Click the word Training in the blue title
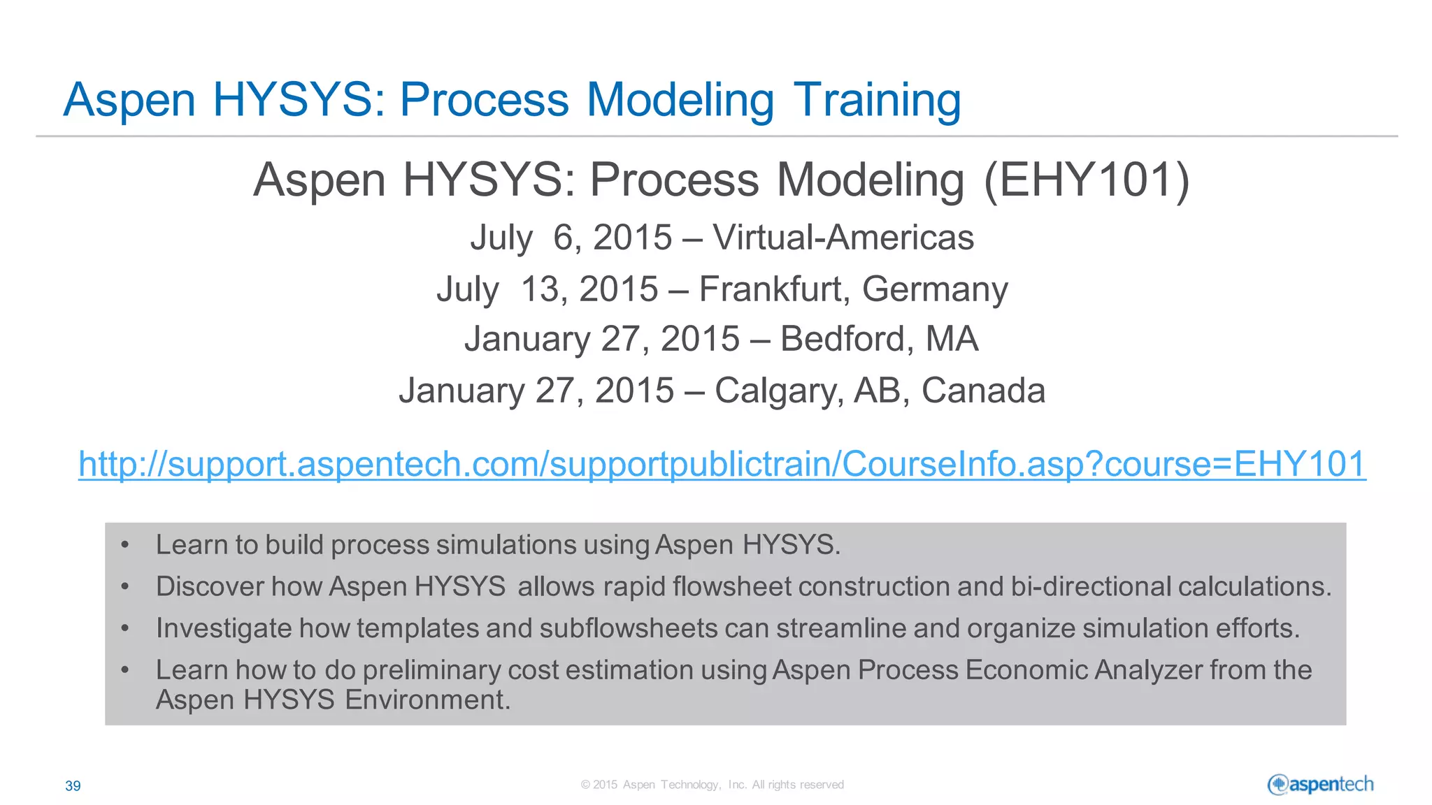pyautogui.click(x=877, y=99)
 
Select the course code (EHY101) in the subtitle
pyautogui.click(x=1087, y=180)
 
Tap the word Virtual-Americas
pyautogui.click(x=843, y=237)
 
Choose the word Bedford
pyautogui.click(x=843, y=339)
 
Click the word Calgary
pyautogui.click(x=777, y=390)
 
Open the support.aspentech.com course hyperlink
pyautogui.click(x=722, y=464)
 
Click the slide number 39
pyautogui.click(x=73, y=786)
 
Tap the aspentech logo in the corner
pyautogui.click(x=1320, y=785)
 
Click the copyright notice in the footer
pyautogui.click(x=712, y=785)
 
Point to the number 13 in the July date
pyautogui.click(x=540, y=289)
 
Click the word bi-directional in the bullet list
pyautogui.click(x=1090, y=586)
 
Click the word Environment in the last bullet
pyautogui.click(x=427, y=699)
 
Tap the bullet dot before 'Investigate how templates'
pyautogui.click(x=124, y=628)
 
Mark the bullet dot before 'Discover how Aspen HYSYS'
pyautogui.click(x=124, y=586)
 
